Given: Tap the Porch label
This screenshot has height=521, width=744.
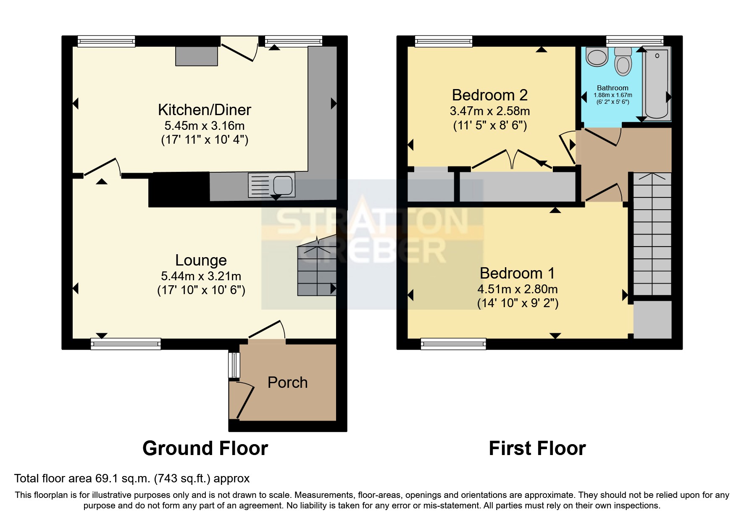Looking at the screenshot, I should point(287,382).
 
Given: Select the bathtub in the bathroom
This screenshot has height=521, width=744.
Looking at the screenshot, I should point(657,84).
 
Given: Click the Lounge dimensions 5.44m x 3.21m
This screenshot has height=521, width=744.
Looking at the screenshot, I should point(201,276).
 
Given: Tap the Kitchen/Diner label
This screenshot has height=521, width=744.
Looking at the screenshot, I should point(204,110).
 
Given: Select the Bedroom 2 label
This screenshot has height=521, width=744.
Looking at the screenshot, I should point(489,95).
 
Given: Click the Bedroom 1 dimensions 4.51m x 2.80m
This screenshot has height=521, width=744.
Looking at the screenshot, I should point(517,289).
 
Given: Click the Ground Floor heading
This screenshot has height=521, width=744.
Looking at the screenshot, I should point(205,448).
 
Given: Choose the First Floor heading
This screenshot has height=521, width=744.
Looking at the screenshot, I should point(537,448).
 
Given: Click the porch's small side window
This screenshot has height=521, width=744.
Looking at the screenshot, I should point(234,365).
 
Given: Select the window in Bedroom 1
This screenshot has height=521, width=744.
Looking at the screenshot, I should point(453,344).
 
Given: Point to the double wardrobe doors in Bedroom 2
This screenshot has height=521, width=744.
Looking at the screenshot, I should point(512,159).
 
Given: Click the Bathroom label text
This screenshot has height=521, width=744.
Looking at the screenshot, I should point(612,88).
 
